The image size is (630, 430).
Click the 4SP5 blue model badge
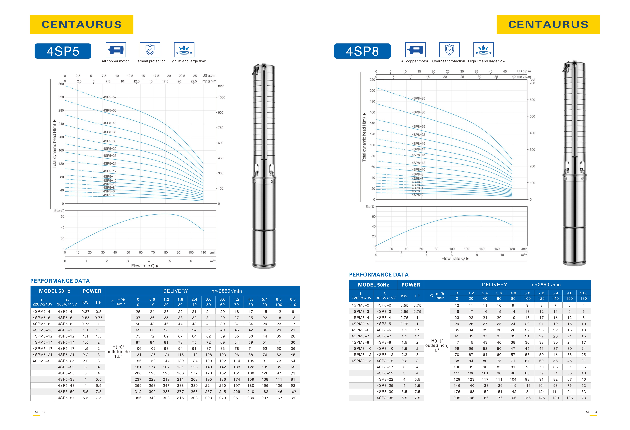pyautogui.click(x=63, y=51)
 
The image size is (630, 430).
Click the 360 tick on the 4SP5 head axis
pyautogui.click(x=61, y=84)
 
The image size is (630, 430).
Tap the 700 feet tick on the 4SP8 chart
pyautogui.click(x=532, y=83)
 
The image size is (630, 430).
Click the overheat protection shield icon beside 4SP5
pyautogui.click(x=150, y=50)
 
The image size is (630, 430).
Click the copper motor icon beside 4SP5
pyautogui.click(x=116, y=50)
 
